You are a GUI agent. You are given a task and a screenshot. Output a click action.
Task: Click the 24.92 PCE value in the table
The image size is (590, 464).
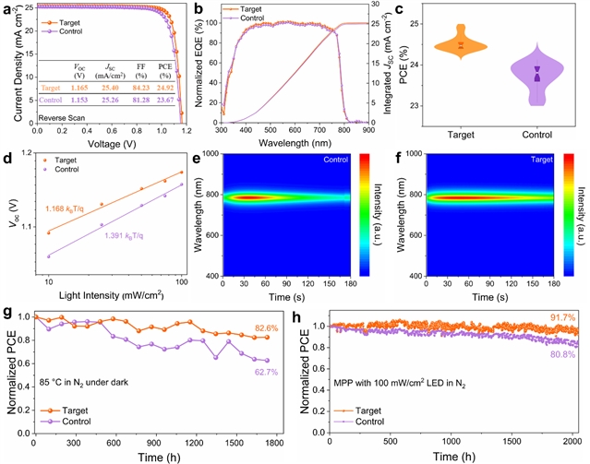coord(164,88)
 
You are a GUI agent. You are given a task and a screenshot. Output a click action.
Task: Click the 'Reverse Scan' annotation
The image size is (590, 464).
coord(62,118)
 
